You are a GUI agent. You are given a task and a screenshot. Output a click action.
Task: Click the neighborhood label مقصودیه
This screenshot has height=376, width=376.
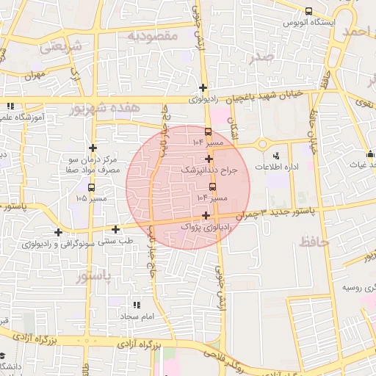(153, 35)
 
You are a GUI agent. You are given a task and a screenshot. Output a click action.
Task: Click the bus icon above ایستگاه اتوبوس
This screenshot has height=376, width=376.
(308, 11)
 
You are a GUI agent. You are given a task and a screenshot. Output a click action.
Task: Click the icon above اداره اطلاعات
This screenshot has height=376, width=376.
(276, 156)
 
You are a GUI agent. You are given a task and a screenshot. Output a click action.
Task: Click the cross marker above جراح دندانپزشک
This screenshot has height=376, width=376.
(209, 159)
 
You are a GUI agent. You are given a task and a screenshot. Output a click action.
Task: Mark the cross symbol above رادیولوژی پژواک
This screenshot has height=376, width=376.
(206, 216)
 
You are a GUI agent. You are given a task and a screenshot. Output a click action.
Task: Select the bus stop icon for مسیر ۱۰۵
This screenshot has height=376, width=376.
(92, 187)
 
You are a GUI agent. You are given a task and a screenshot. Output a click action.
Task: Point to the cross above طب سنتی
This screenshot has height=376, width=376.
(116, 228)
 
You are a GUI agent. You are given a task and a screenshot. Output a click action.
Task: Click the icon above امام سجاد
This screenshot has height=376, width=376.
(137, 304)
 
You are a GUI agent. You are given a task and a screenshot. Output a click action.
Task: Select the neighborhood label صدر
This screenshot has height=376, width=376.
(262, 57)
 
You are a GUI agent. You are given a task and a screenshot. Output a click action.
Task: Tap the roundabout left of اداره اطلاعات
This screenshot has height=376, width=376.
(262, 144)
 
